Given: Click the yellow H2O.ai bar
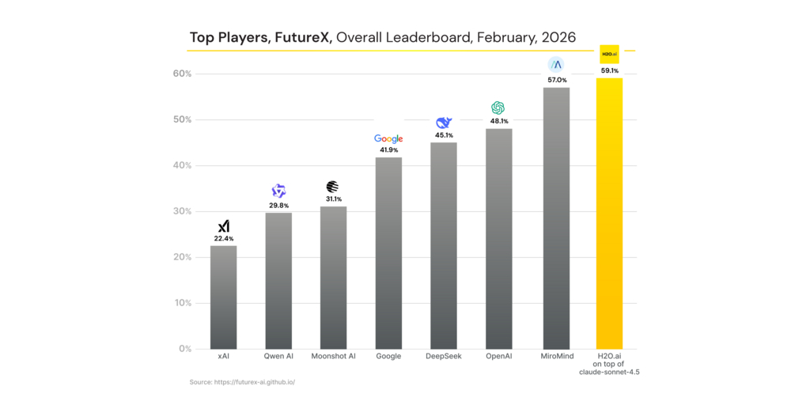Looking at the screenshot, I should [609, 214].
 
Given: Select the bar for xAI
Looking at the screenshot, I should [223, 297].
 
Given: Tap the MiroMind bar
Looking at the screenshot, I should [556, 218].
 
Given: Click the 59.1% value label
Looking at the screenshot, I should [609, 70].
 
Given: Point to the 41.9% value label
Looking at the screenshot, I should [388, 150].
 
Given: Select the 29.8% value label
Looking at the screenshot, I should [278, 205].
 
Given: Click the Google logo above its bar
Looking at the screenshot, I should [388, 139].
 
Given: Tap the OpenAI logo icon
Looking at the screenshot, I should [498, 108].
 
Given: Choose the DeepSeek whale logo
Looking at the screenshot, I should [443, 123].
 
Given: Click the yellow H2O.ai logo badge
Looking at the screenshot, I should [609, 54].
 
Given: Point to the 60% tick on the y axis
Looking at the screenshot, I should [183, 74].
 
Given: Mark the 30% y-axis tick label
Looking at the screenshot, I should [183, 211].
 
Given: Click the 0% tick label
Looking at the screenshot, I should [185, 349].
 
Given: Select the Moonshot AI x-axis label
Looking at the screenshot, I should [333, 357].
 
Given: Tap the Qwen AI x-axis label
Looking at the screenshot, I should [278, 357].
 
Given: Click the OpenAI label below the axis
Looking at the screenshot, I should [498, 357].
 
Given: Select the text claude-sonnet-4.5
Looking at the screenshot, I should [610, 372].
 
